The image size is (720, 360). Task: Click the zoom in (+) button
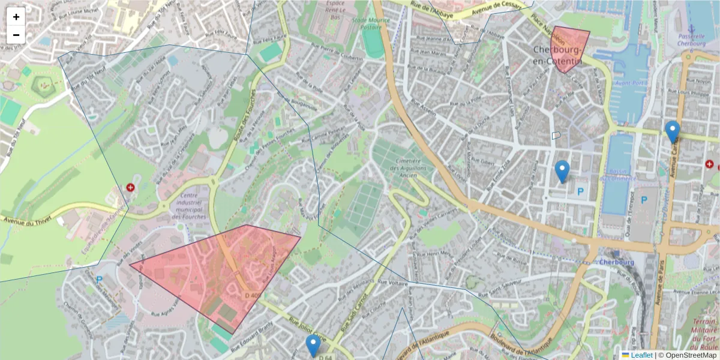(x=16, y=17)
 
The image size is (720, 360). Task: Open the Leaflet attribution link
(x=641, y=355)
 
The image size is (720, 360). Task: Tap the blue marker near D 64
(x=313, y=346)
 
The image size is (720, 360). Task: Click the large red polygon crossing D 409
(x=216, y=270)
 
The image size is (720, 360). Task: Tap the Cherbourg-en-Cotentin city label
(x=557, y=55)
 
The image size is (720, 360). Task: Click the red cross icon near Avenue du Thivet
(x=130, y=188)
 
